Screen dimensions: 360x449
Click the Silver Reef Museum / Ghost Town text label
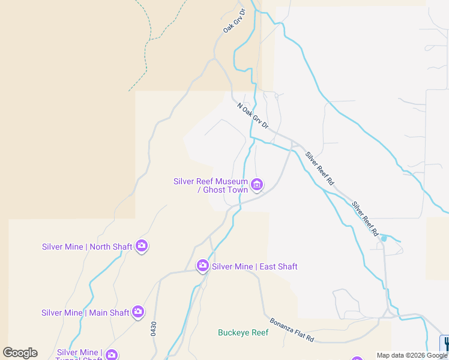click(211, 185)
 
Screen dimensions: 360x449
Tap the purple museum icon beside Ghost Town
click(257, 184)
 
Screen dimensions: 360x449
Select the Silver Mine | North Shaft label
click(87, 246)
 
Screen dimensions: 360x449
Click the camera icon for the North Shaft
click(142, 245)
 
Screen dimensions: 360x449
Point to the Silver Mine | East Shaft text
click(255, 266)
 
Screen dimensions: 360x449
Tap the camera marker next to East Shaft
click(203, 265)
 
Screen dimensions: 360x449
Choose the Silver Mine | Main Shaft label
click(85, 313)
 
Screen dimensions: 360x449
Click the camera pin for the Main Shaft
click(139, 311)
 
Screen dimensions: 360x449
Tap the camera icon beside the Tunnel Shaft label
click(112, 355)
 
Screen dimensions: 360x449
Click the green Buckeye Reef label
click(243, 332)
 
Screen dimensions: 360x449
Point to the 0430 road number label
click(154, 329)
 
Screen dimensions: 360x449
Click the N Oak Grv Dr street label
click(253, 115)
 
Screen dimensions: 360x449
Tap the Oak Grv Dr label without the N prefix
click(235, 20)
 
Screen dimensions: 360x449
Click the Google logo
click(20, 353)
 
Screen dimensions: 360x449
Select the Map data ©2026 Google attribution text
click(412, 355)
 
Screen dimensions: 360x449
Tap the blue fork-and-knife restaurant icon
click(445, 343)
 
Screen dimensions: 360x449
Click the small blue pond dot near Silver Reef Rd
click(384, 239)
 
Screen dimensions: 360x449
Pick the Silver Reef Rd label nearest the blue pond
click(366, 217)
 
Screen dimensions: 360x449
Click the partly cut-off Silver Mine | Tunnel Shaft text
click(79, 355)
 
